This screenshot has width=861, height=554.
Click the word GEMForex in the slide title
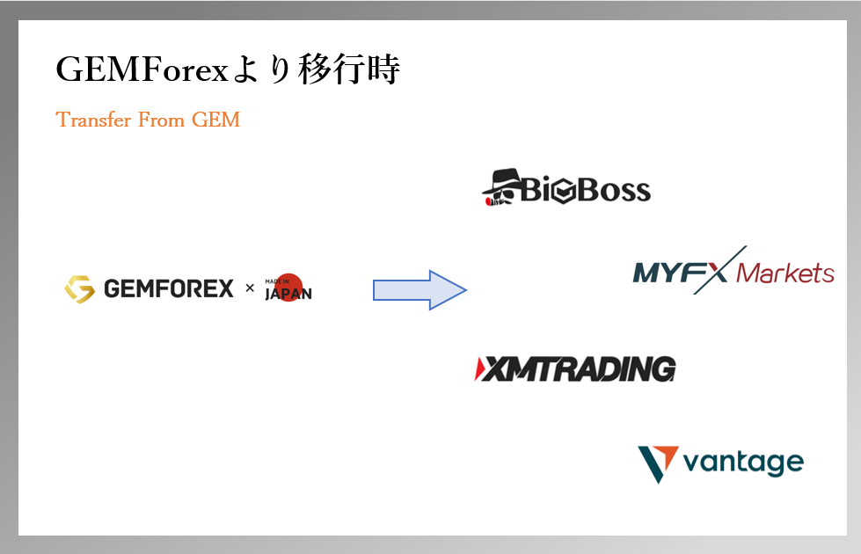tap(141, 69)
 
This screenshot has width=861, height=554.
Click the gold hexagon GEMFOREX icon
tap(80, 288)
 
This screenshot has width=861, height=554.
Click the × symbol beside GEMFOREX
tap(249, 288)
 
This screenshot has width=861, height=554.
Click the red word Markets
tap(784, 273)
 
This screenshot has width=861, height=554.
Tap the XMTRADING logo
tap(575, 369)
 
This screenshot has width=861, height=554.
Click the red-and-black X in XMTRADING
tap(492, 369)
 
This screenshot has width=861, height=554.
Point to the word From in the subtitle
tap(158, 120)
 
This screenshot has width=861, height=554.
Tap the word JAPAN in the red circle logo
tap(288, 294)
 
